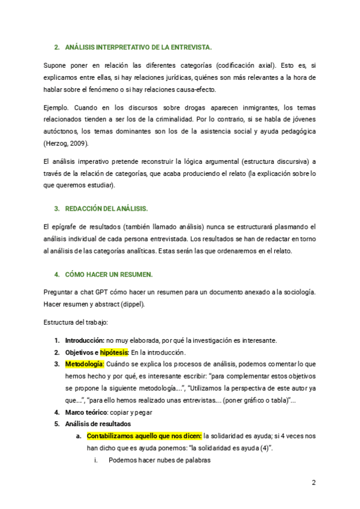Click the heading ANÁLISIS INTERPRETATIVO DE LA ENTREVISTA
pyautogui.click(x=137, y=46)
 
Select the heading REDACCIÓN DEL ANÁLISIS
pyautogui.click(x=106, y=208)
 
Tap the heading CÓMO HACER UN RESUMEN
pyautogui.click(x=108, y=274)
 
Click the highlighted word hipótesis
pyautogui.click(x=114, y=352)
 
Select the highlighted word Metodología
pyautogui.click(x=85, y=364)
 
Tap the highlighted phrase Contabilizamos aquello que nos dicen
pyautogui.click(x=145, y=436)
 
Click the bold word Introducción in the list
pyautogui.click(x=85, y=340)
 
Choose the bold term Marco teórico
pyautogui.click(x=86, y=412)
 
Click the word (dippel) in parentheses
pyautogui.click(x=133, y=304)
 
